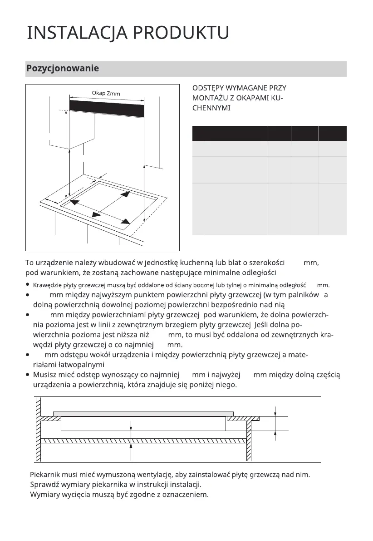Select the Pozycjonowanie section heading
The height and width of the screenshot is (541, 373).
coord(63,69)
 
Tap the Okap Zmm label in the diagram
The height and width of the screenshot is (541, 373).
coord(106,94)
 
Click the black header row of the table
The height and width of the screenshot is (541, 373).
coord(269,133)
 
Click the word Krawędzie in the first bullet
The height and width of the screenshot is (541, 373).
coord(48,285)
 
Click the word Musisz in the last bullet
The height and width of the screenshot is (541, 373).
coord(44,375)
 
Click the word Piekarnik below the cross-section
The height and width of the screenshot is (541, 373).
coord(46,475)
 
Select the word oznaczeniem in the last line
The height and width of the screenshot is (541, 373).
coord(187,494)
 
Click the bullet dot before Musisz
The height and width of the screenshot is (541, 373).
coord(28,375)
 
